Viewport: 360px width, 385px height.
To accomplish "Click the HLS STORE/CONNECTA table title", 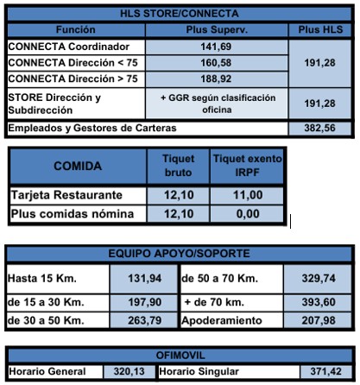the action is [179, 14].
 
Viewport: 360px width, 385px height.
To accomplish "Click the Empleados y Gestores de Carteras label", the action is [92, 129].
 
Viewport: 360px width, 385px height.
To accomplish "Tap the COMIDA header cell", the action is [78, 165].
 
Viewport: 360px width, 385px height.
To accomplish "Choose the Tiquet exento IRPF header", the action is [247, 165].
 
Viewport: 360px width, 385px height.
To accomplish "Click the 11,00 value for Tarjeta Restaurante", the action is [247, 195].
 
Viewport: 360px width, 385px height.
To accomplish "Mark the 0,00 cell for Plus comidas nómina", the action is [247, 214].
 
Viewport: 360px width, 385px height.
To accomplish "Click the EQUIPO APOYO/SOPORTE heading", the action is [180, 255].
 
